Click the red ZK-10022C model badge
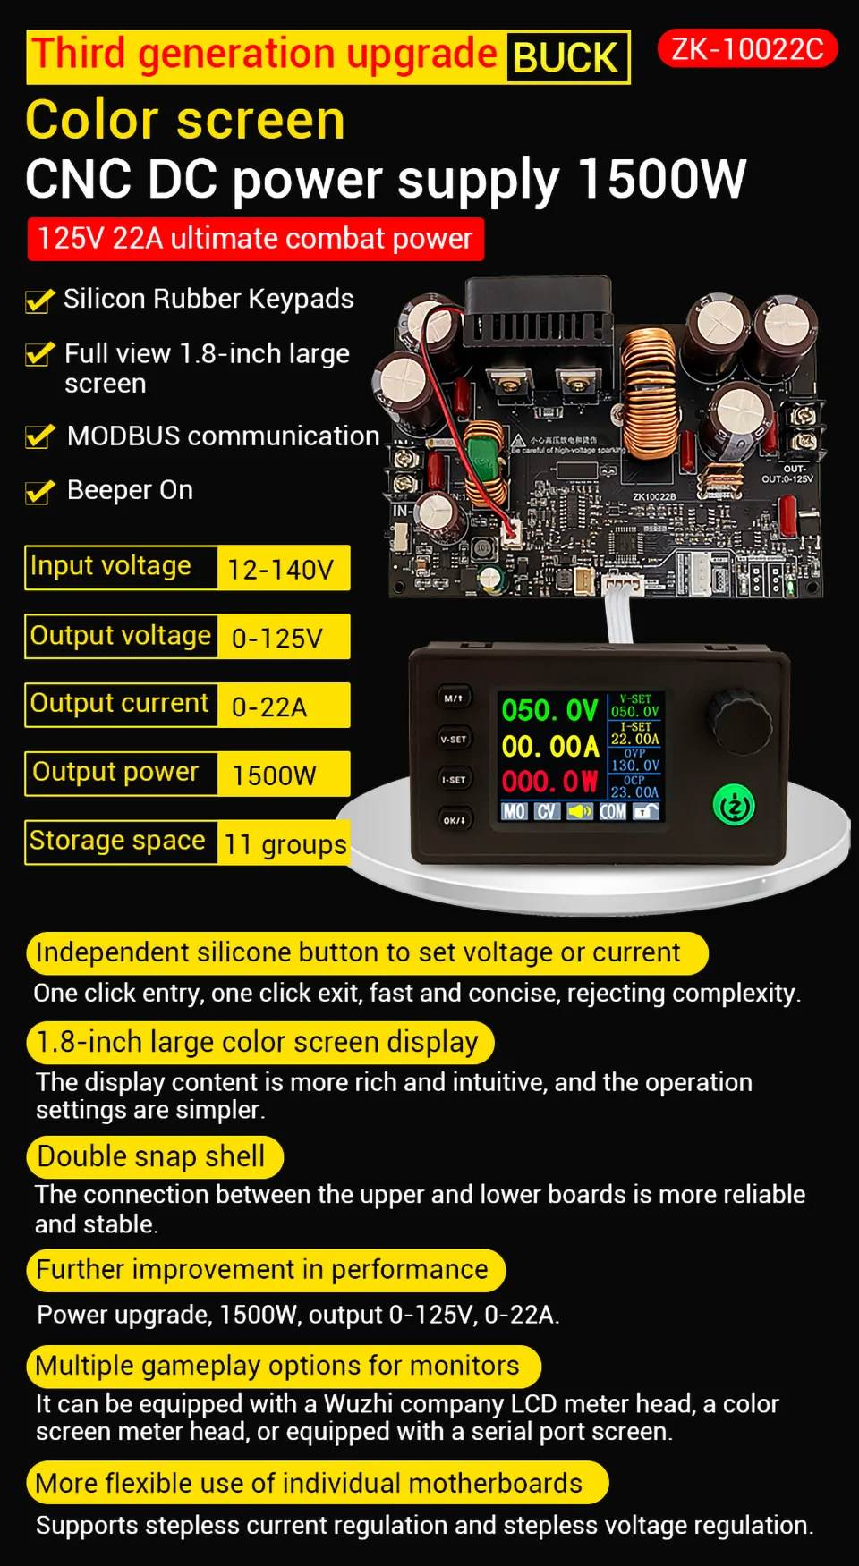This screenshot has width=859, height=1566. (747, 48)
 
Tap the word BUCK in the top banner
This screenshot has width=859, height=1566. (566, 58)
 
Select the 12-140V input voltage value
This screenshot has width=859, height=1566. (282, 569)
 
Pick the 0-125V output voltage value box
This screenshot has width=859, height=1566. (282, 638)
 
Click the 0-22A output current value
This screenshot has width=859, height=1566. (282, 707)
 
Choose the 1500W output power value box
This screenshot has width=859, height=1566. (282, 775)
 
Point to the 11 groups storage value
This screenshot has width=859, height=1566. (285, 843)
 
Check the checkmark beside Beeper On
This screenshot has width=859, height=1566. (39, 491)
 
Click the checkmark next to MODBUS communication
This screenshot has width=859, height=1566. (39, 436)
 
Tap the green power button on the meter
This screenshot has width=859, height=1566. (734, 806)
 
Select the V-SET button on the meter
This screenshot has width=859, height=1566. (454, 739)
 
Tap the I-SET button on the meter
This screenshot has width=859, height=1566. (454, 780)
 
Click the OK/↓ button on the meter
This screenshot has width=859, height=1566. (454, 820)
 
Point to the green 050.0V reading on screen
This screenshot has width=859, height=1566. (549, 711)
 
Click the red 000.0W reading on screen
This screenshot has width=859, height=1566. (549, 782)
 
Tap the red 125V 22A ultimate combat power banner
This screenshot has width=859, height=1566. (255, 239)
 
